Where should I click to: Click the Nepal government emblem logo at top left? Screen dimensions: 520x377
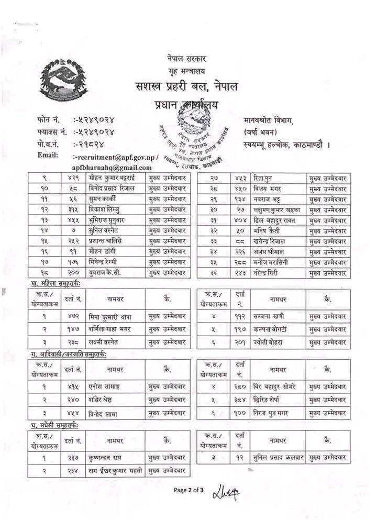pyautogui.click(x=63, y=79)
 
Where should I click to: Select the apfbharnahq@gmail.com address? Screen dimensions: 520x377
pyautogui.click(x=113, y=168)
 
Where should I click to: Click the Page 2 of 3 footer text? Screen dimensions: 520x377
pyautogui.click(x=188, y=490)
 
